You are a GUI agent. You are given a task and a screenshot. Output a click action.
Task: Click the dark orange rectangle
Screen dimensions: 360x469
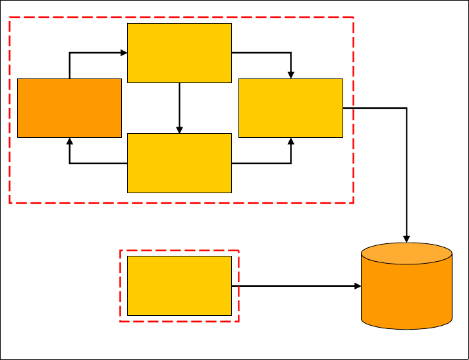tap(69, 108)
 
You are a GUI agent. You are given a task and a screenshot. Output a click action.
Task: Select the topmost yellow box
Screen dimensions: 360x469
tap(179, 53)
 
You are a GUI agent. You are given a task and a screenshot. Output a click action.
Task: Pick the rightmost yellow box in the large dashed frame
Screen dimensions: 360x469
tap(290, 108)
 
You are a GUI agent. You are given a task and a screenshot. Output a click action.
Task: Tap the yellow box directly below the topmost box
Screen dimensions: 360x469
tap(179, 163)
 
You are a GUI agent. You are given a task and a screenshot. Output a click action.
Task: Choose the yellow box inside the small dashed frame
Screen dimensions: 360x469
tap(179, 285)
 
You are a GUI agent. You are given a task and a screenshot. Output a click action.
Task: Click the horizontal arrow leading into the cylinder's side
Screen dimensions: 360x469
tap(296, 285)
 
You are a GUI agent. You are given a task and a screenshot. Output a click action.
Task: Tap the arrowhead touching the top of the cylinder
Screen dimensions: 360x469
tap(407, 239)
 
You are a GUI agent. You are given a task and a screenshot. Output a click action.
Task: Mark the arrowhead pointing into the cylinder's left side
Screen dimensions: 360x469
tap(358, 285)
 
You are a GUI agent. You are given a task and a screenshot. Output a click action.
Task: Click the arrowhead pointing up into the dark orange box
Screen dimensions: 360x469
tap(69, 141)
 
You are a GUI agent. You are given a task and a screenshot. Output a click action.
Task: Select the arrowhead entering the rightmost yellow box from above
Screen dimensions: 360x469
tap(291, 75)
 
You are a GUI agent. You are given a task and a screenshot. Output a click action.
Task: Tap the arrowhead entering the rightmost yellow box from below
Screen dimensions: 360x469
tap(291, 141)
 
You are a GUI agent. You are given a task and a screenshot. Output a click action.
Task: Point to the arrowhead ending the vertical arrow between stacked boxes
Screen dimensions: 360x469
tap(179, 129)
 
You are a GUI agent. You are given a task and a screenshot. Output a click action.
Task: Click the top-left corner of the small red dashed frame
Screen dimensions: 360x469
tap(120, 251)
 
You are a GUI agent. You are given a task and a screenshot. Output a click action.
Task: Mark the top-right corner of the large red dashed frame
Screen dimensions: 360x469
tap(354, 18)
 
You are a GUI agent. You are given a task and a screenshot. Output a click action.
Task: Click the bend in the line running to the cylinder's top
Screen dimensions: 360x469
tap(407, 107)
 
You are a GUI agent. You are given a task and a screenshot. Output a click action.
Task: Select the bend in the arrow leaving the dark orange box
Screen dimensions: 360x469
tap(69, 52)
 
